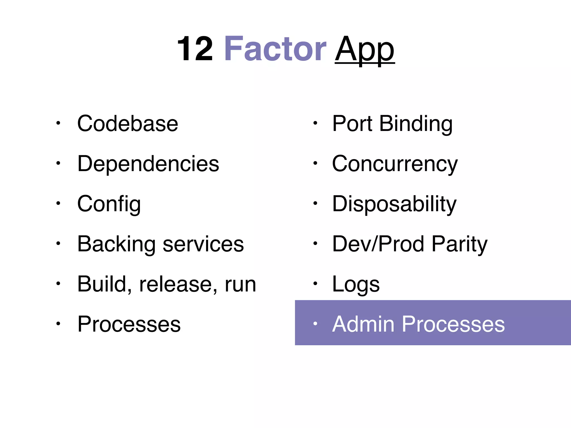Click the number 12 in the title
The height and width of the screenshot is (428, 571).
pos(195,49)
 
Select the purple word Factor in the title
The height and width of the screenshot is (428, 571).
pos(275,49)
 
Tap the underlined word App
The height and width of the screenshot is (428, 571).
pos(365,50)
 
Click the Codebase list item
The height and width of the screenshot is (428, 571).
pos(128,123)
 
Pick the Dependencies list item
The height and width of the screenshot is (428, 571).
pos(148,164)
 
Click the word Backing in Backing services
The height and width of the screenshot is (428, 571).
pos(116,244)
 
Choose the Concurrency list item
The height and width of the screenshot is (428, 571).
pos(395,164)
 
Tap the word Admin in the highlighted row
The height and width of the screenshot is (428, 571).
pos(363,324)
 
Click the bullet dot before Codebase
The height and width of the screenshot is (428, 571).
pos(58,123)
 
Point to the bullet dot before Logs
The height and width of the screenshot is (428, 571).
pos(315,284)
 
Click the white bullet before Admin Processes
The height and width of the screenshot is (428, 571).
pos(315,324)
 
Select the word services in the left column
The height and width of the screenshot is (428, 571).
pos(203,244)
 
